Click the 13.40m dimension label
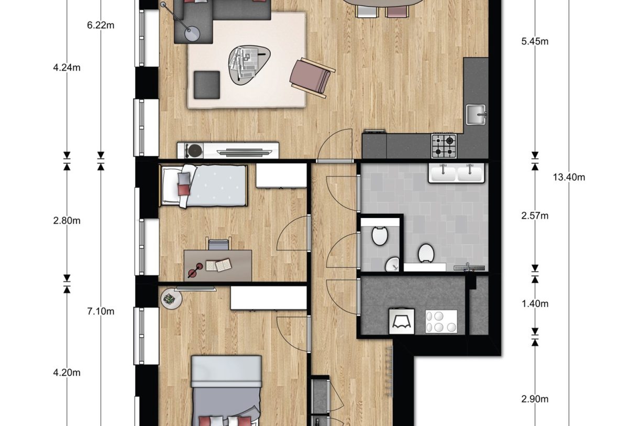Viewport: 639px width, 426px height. click(x=569, y=177)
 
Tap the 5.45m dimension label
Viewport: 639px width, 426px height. click(x=535, y=42)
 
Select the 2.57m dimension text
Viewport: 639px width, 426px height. click(x=535, y=216)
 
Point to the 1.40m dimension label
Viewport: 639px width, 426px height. click(x=535, y=304)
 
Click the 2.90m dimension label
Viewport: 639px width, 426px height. click(x=535, y=399)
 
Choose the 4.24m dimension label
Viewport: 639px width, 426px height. click(x=67, y=68)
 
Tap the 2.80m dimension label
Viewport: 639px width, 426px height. click(x=67, y=221)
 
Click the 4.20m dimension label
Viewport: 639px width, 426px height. click(x=67, y=373)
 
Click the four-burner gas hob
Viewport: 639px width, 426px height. click(x=444, y=146)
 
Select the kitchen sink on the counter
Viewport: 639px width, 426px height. click(x=476, y=115)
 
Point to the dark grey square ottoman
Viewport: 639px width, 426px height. click(x=207, y=84)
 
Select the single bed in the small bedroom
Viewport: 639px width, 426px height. click(x=204, y=186)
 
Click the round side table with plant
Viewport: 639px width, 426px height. click(x=170, y=300)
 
